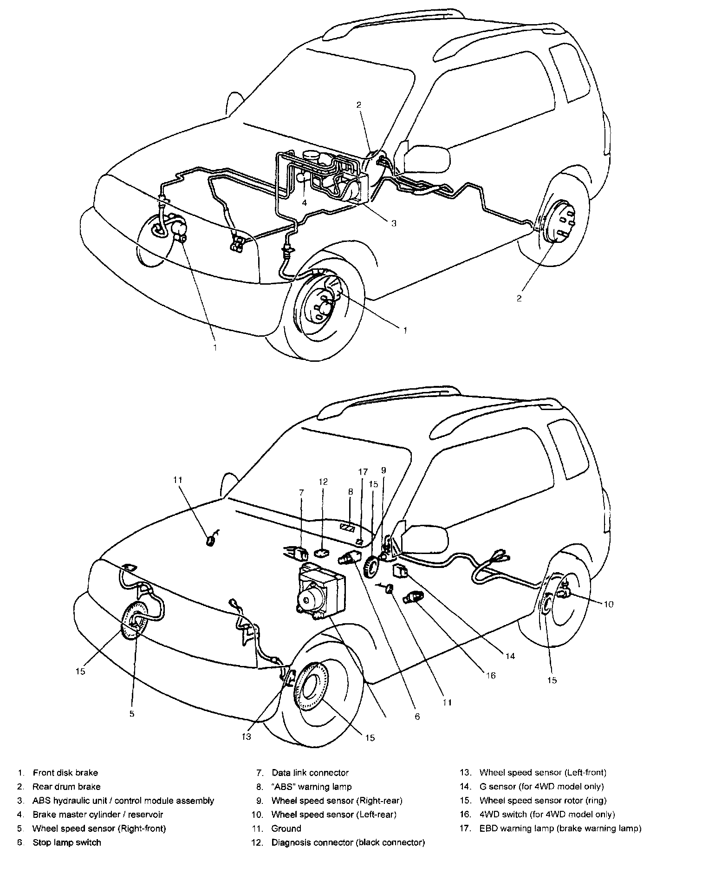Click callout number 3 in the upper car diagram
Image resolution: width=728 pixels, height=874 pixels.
394,223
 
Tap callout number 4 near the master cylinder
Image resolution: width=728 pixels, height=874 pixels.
304,203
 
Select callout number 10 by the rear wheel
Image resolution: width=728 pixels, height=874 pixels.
608,604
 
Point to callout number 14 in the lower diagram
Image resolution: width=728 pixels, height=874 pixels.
510,656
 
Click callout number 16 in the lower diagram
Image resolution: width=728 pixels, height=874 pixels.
490,676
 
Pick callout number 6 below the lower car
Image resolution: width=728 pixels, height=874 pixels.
417,717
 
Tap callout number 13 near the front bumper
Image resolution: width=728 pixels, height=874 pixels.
246,737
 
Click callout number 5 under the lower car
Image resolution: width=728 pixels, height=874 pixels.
132,714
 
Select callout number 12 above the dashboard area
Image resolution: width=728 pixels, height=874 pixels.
323,482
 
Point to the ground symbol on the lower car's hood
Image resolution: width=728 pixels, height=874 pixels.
211,540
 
